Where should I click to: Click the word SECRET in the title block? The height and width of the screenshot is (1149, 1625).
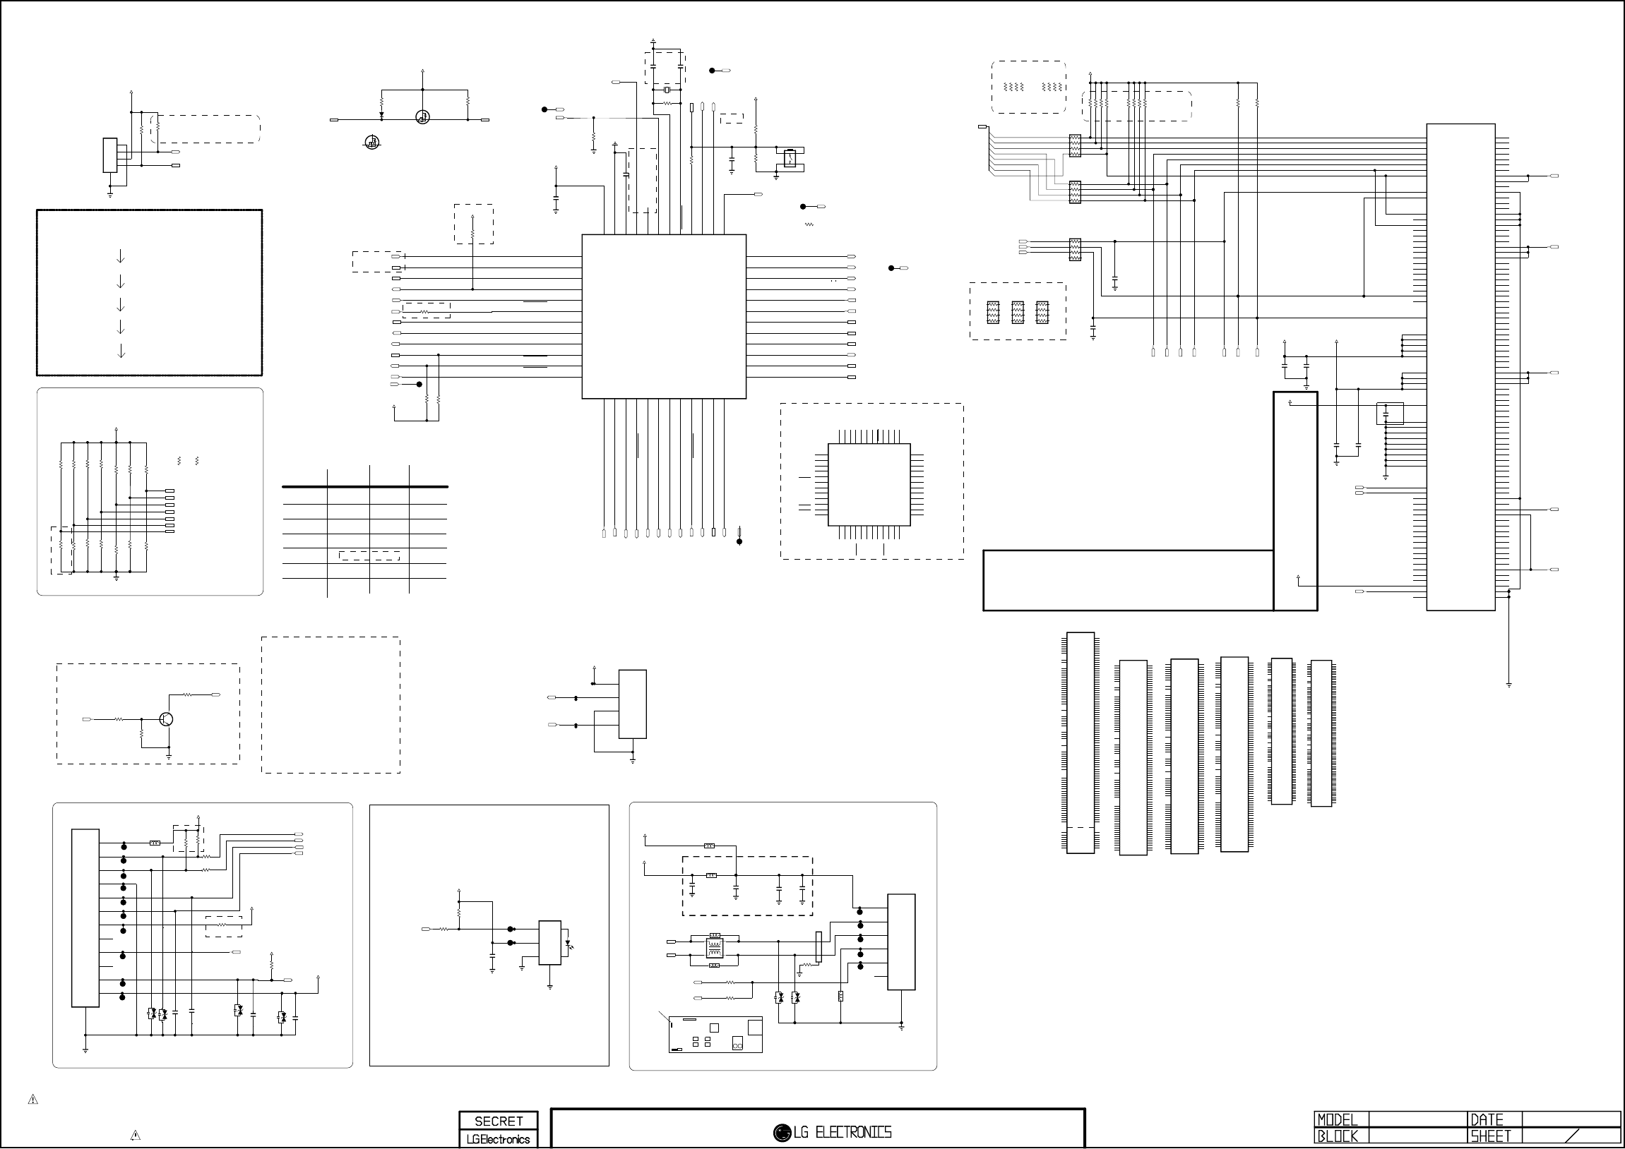click(499, 1121)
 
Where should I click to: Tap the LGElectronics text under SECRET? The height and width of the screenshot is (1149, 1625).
click(499, 1139)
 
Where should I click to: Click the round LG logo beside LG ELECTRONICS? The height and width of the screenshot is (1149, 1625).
click(782, 1133)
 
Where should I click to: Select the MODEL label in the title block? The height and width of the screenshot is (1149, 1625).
click(1338, 1120)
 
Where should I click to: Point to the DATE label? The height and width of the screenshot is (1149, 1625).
click(1487, 1120)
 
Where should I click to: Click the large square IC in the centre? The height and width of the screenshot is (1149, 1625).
click(664, 316)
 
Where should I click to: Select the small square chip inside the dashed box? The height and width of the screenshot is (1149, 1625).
click(869, 485)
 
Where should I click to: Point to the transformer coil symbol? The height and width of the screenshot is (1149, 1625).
click(714, 948)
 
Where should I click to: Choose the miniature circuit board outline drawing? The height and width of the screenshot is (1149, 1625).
click(715, 1035)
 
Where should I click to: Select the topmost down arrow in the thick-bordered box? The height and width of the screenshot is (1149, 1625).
click(120, 255)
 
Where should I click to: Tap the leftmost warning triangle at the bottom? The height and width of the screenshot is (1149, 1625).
click(32, 1100)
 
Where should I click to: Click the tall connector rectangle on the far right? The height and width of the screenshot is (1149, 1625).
click(1460, 366)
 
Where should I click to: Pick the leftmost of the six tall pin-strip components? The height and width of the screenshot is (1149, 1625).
click(1080, 743)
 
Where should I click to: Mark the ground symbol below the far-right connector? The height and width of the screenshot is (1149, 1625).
click(1509, 684)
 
